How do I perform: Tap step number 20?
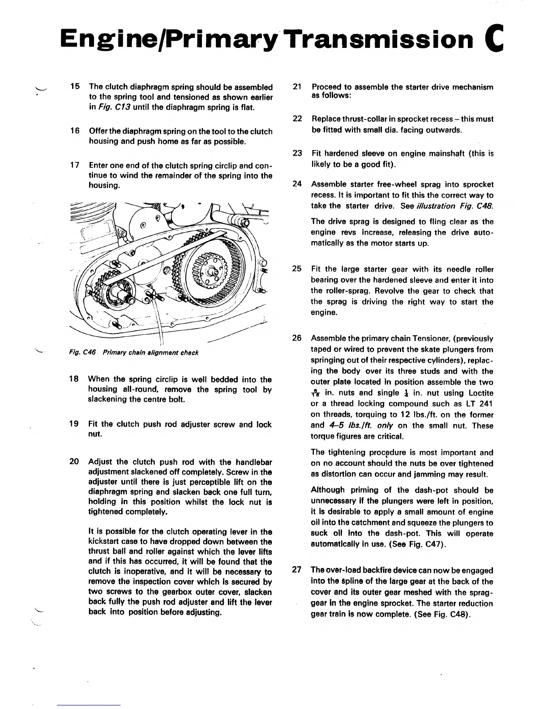(75, 461)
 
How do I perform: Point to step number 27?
(296, 570)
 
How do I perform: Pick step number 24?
(296, 184)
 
